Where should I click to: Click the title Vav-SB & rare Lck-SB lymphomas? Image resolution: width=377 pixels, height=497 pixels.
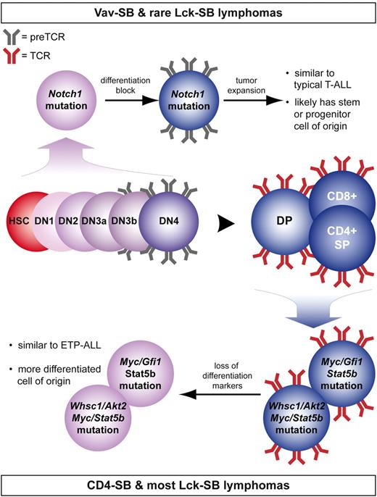[188, 12]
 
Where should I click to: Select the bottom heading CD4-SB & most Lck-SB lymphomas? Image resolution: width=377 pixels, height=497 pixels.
[188, 483]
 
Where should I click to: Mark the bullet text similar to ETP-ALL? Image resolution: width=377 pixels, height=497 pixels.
[46, 342]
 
